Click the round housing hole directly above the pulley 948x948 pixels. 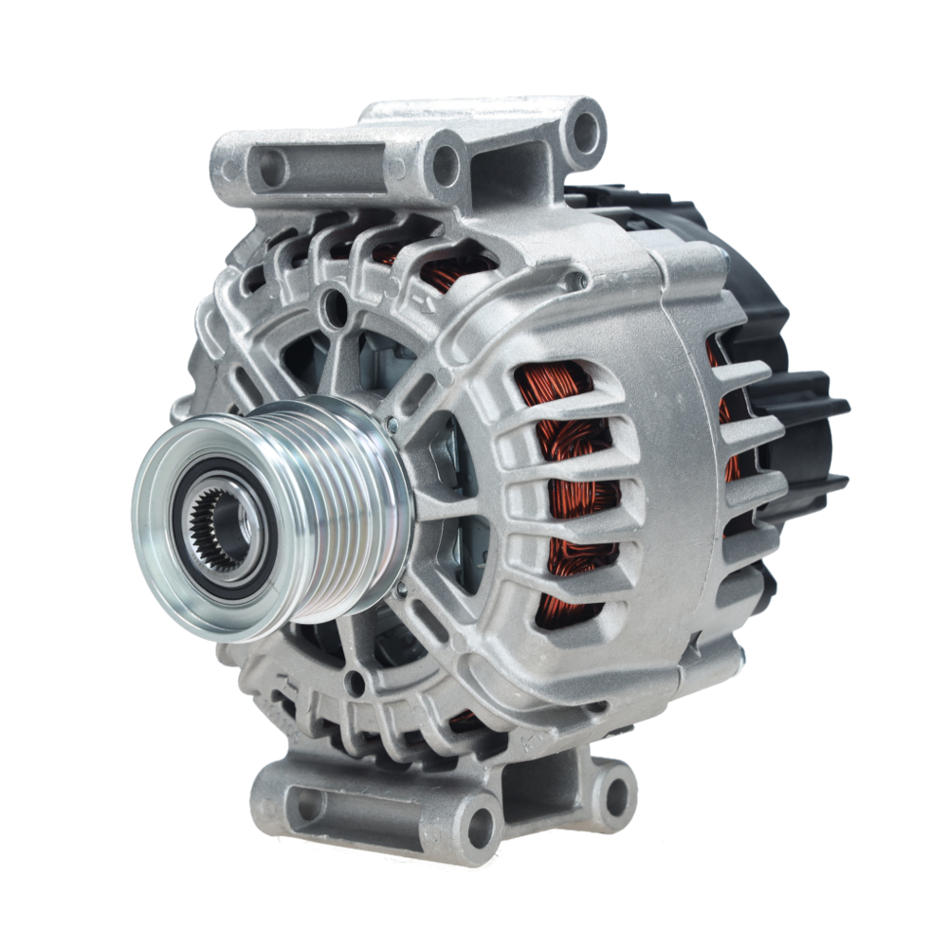click(x=333, y=306)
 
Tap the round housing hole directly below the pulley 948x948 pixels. click(x=355, y=682)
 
